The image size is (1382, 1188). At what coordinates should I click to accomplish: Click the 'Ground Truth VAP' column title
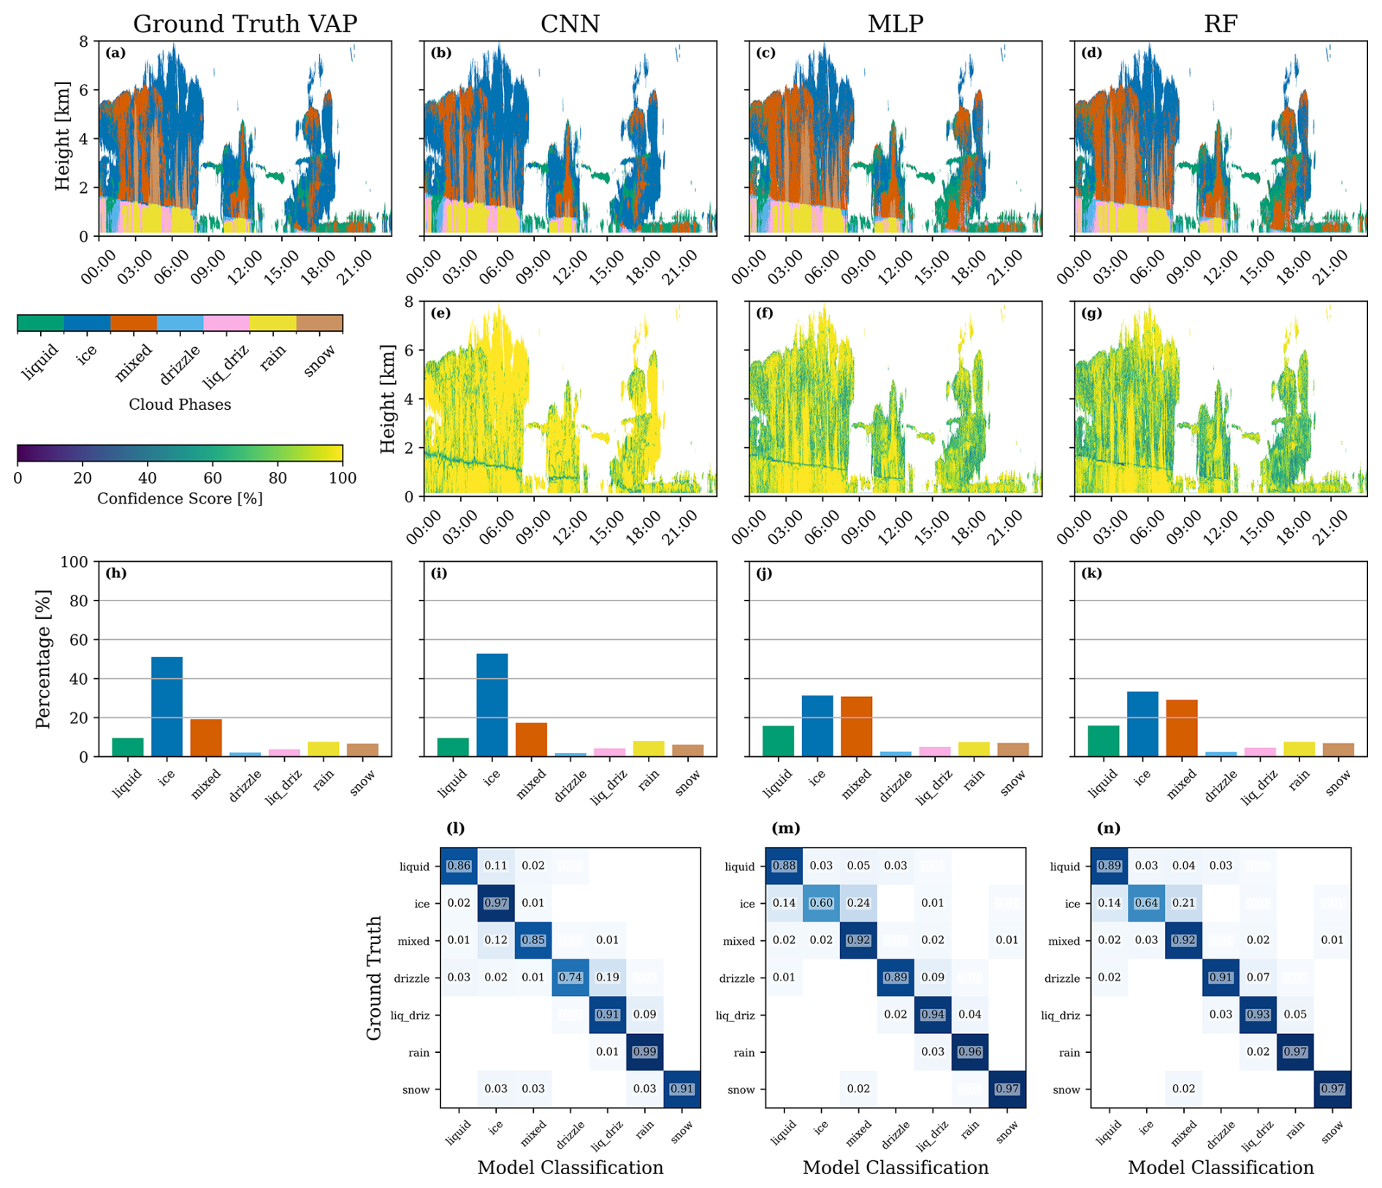point(245,24)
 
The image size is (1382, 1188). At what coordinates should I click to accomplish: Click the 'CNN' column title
point(570,24)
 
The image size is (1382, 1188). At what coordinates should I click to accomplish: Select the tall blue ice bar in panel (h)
point(167,706)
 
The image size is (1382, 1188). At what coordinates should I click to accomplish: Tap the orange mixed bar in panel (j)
point(856,726)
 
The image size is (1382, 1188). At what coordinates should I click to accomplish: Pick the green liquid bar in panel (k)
point(1103,740)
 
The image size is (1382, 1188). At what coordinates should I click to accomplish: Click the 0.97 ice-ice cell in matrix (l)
point(496,903)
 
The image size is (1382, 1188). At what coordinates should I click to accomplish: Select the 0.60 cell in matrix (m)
point(821,903)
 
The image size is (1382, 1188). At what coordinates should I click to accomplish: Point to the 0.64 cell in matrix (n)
point(1147,903)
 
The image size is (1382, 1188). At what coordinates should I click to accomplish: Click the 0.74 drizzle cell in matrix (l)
point(570,978)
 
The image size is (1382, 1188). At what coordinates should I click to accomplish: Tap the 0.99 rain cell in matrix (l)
point(644,1052)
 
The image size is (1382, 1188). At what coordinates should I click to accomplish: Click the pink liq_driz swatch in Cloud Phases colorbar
point(226,324)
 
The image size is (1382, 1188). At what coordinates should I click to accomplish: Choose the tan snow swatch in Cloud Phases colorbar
point(319,324)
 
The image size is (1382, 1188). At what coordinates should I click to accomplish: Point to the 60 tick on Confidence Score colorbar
point(213,479)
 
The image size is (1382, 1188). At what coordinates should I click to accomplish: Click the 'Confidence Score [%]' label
point(180,498)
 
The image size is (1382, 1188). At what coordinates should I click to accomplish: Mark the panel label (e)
point(440,313)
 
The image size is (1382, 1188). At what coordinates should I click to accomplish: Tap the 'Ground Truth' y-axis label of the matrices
point(374,978)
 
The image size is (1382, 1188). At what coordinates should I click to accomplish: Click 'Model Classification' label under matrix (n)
point(1221,1168)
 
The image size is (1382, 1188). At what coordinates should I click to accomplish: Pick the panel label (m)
point(785,828)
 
